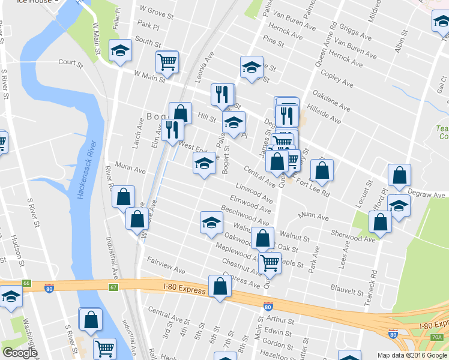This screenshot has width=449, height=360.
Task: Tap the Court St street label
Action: (70, 62)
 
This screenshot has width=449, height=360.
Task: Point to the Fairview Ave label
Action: (166, 266)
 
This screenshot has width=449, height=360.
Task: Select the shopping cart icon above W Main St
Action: (167, 61)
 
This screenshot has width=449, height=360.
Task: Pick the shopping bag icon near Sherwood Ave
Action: (381, 221)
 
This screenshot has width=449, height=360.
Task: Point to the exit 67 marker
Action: (113, 287)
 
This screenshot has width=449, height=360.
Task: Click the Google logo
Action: (20, 353)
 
